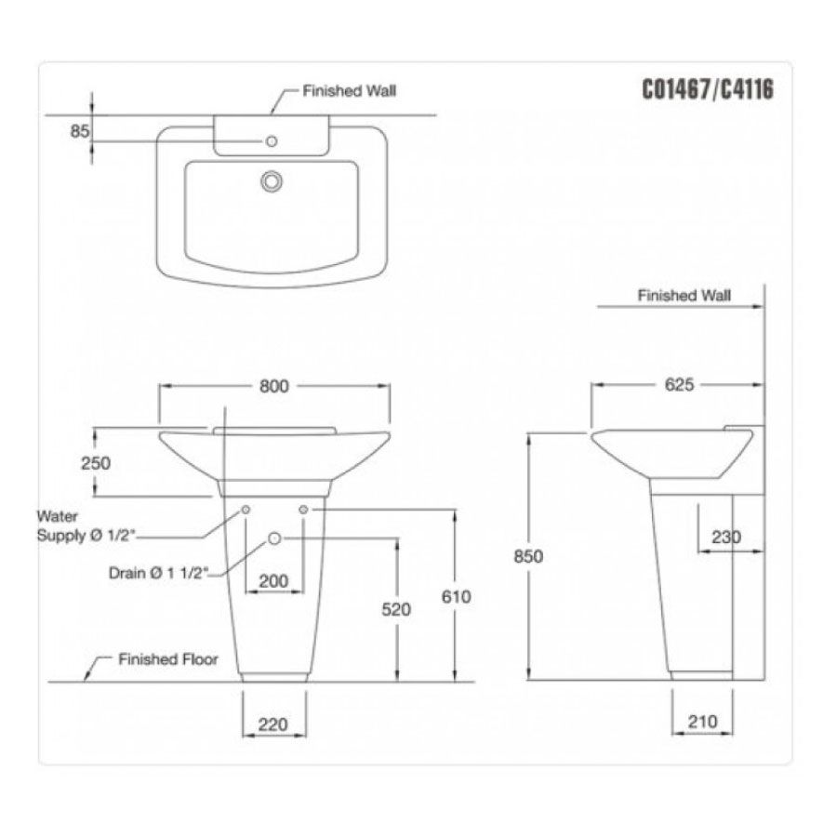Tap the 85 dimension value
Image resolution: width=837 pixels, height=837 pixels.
(79, 132)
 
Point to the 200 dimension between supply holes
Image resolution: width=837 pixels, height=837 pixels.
(272, 580)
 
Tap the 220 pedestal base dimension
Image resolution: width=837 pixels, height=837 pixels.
(272, 723)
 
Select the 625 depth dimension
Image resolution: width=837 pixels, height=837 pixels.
(679, 386)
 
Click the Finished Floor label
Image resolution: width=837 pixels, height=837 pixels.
(167, 659)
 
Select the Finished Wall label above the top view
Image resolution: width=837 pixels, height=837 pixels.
(350, 92)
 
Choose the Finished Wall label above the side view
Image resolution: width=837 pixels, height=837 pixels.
(684, 295)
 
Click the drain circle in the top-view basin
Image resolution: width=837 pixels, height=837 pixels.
(272, 180)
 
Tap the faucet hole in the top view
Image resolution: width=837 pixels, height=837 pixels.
(272, 141)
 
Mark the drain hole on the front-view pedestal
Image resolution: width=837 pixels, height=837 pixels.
(274, 538)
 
